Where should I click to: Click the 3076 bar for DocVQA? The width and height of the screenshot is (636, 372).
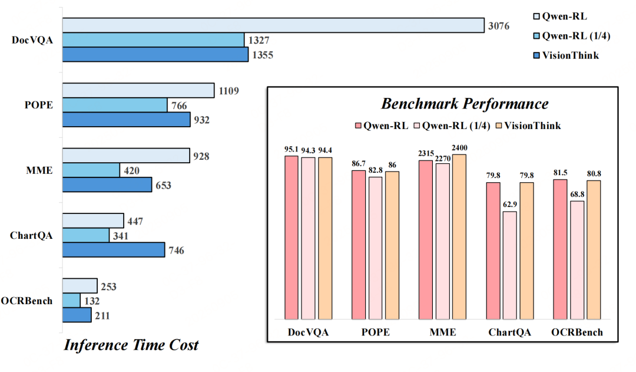point(273,25)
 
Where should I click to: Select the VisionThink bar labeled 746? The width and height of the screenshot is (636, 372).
point(114,250)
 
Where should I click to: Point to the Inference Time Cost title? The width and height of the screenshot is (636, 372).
point(131,345)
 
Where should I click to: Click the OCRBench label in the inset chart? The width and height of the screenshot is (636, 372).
point(577,333)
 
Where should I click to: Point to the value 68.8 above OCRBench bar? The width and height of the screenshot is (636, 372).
point(577,194)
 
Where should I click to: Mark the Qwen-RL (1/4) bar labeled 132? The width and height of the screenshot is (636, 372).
point(71,301)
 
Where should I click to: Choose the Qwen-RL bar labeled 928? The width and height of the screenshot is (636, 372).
point(126,156)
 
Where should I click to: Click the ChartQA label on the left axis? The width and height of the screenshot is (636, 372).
point(32,235)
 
